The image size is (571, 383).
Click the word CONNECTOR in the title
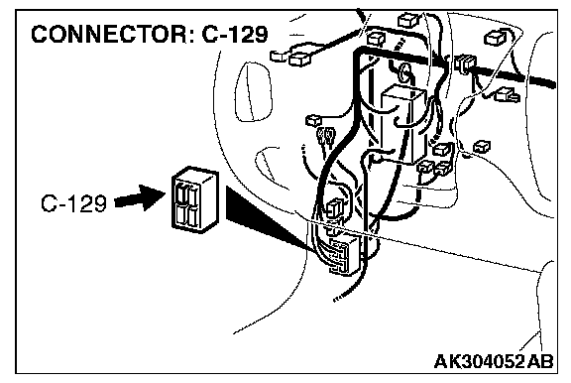[108, 34]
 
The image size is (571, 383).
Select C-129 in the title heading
[235, 34]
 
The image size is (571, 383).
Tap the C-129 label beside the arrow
[74, 203]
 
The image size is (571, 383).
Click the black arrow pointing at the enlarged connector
[140, 197]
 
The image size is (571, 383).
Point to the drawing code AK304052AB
[494, 361]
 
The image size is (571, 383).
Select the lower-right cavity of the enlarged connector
[193, 216]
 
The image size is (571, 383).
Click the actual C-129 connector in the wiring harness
[343, 256]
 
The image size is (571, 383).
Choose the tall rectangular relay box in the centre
[402, 123]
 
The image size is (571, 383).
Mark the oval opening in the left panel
[254, 91]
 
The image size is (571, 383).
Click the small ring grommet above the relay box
[404, 72]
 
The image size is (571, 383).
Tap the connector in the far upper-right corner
[495, 38]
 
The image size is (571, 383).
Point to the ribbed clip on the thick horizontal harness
[465, 64]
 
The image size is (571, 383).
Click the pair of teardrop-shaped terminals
[325, 137]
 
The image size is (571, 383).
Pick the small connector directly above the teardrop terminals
[313, 120]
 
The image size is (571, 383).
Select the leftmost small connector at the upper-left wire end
[279, 56]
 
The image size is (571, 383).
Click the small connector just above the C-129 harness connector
[335, 207]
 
